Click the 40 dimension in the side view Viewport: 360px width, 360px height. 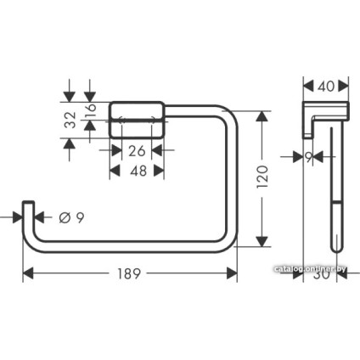(325, 86)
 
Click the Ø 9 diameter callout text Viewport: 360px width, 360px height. (70, 218)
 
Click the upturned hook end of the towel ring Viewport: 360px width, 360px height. (30, 213)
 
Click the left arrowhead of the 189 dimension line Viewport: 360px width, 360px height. (25, 273)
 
